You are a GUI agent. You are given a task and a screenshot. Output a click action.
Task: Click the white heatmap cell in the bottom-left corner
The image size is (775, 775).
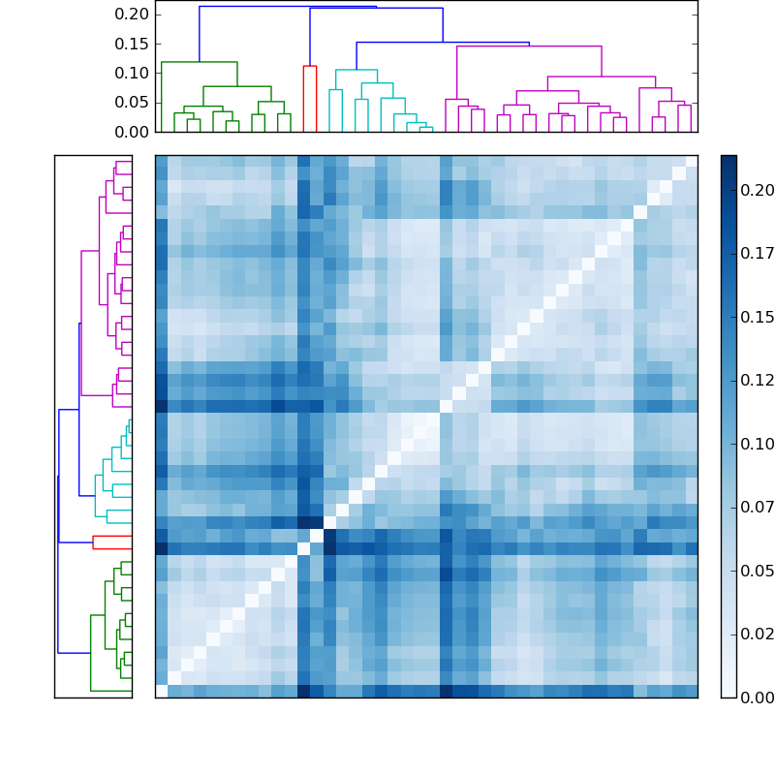[162, 691]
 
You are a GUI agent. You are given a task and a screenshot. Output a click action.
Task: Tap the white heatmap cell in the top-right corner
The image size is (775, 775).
[691, 162]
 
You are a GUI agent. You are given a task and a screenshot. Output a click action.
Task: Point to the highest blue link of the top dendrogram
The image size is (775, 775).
[288, 7]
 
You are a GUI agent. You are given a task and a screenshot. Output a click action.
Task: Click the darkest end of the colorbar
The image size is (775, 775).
[728, 159]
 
